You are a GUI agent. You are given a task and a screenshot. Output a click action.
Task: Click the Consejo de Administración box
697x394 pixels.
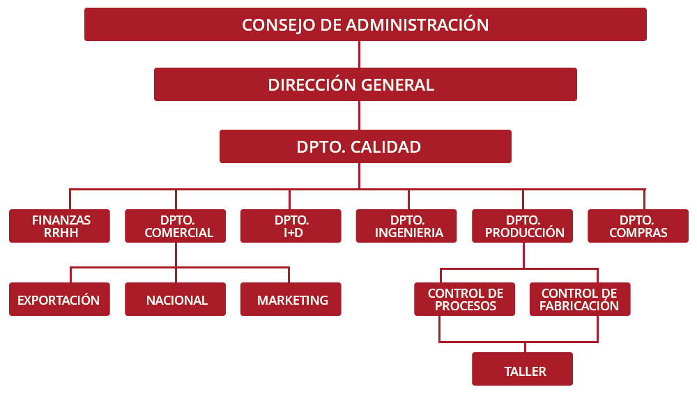point(365,24)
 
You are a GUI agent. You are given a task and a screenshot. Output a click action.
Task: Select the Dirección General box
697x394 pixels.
point(365,84)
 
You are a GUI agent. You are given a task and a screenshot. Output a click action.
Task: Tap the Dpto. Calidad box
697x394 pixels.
point(365,146)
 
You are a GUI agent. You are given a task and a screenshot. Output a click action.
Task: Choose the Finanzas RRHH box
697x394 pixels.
point(59,226)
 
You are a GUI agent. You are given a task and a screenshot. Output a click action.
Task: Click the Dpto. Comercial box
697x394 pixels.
point(175,226)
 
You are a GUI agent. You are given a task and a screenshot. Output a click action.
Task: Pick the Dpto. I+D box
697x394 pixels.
point(291,226)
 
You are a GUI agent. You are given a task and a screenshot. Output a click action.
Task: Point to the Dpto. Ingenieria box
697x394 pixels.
point(406,226)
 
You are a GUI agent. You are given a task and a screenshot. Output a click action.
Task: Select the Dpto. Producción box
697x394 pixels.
point(522,226)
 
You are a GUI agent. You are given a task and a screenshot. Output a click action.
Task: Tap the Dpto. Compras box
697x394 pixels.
point(638,226)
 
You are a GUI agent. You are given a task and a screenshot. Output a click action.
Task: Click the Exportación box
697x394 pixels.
point(59,299)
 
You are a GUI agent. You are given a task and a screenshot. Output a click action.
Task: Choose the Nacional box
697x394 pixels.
point(175,299)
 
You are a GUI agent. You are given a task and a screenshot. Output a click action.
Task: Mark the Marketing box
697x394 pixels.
point(291,299)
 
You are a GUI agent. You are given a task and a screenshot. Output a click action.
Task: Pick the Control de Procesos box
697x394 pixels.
point(464,299)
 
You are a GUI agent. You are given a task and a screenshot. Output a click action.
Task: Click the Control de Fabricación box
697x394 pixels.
point(580,299)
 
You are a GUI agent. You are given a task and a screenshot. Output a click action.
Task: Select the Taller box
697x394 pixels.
point(522,369)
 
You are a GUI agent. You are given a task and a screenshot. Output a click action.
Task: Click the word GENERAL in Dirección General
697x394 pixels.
point(397,85)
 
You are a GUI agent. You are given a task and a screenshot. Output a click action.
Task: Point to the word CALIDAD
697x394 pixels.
point(385,146)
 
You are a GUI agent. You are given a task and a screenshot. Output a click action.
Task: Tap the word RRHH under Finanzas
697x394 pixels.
point(61,233)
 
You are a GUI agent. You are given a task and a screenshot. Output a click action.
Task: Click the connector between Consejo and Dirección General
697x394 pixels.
point(359,54)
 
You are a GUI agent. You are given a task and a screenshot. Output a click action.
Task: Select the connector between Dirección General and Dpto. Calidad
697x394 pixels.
point(359,116)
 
